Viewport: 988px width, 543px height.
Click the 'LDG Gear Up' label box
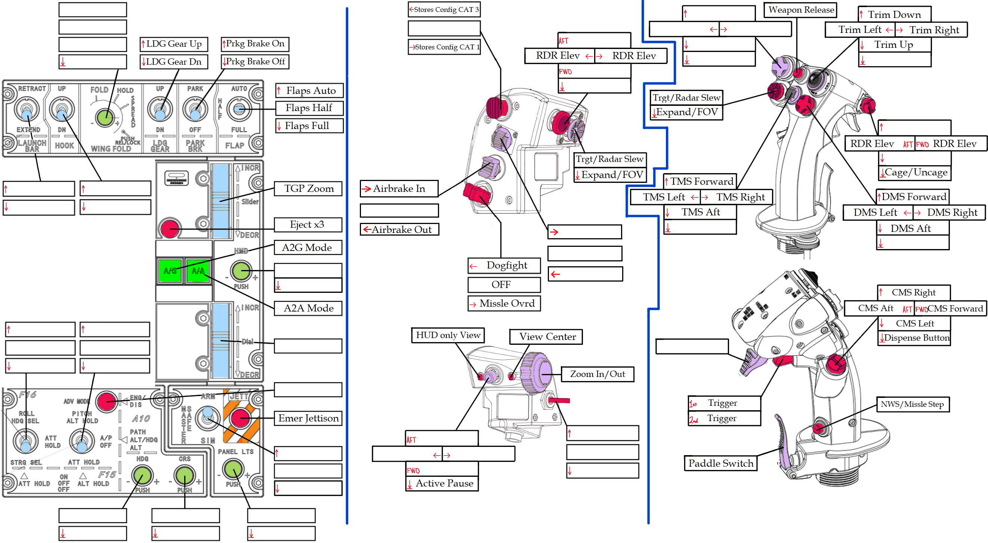(174, 44)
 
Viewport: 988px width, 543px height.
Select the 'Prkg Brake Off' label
(255, 61)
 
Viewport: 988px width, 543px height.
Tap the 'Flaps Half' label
(309, 108)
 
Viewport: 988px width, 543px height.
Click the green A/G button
(170, 271)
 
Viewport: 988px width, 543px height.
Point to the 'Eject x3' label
(308, 224)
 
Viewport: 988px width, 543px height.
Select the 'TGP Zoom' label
(308, 188)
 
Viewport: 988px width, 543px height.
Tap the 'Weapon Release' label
(800, 10)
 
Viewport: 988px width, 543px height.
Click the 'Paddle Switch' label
(720, 463)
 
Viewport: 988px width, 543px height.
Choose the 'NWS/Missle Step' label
(913, 404)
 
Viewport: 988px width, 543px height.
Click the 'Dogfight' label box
(504, 266)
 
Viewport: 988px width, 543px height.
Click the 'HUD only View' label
(448, 335)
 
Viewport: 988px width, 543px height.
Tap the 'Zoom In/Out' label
(597, 374)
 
